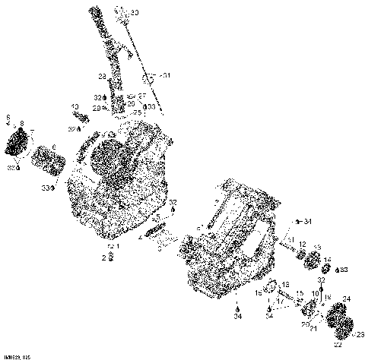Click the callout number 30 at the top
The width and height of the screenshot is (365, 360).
[x=135, y=13]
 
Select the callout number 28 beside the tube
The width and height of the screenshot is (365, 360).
[x=100, y=77]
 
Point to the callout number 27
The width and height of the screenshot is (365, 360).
[x=142, y=96]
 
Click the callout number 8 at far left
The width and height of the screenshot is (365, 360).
[x=22, y=123]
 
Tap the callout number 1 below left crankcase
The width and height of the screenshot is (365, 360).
[x=117, y=247]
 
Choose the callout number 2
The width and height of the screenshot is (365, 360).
[x=104, y=257]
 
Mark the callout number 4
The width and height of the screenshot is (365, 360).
[x=141, y=236]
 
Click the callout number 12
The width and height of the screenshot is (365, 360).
[x=302, y=244]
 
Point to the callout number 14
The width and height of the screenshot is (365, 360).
[x=327, y=261]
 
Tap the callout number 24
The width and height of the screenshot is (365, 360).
[x=347, y=298]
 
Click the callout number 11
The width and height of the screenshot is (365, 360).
[x=290, y=240]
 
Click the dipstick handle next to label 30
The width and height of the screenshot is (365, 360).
[x=121, y=10]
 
